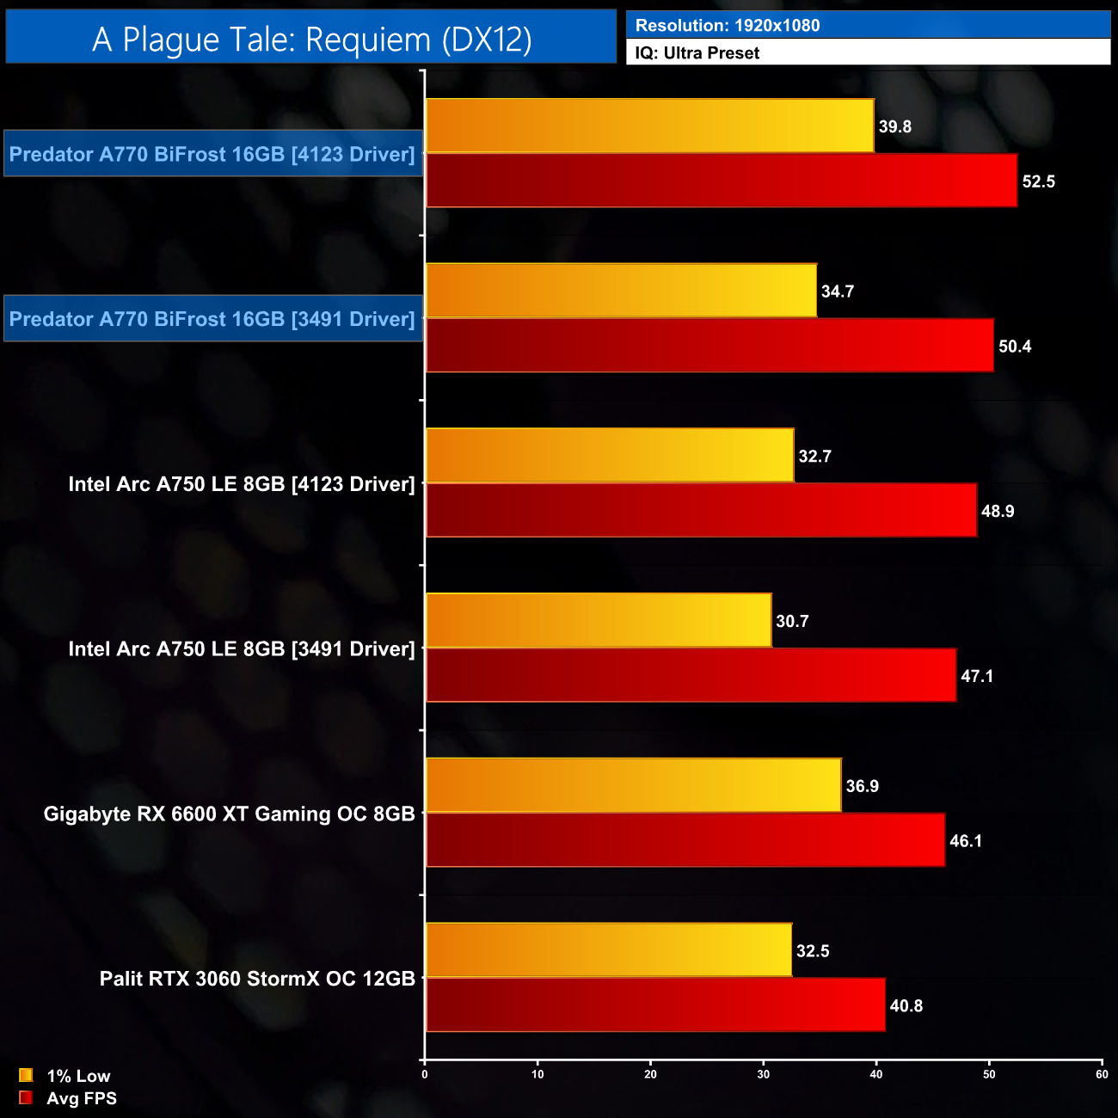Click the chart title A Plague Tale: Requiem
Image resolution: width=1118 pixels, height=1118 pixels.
[x=311, y=40]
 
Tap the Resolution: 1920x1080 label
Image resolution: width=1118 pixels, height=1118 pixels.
[x=727, y=26]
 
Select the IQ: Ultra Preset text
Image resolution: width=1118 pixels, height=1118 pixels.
[x=697, y=53]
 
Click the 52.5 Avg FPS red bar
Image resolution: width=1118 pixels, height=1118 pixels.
[x=721, y=181]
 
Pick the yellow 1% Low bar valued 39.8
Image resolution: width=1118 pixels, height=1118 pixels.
[x=649, y=126]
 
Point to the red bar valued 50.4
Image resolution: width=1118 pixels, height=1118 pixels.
[x=709, y=346]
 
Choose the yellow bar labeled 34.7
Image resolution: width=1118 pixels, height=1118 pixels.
[x=621, y=291]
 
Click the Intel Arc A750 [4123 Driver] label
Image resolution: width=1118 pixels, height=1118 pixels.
[x=242, y=484]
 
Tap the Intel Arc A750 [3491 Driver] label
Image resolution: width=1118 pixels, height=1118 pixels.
[x=242, y=649]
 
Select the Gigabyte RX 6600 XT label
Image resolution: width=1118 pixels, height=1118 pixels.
[x=230, y=814]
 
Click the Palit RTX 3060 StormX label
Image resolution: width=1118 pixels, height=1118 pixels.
[x=257, y=979]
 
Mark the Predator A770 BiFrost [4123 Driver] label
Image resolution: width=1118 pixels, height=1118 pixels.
[x=212, y=154]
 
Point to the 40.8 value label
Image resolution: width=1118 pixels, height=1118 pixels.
[x=906, y=1006]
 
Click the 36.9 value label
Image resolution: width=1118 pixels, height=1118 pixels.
[x=862, y=786]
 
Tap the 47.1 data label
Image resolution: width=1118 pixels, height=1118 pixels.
[x=976, y=676]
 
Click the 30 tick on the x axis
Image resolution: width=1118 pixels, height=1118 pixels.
[x=764, y=1074]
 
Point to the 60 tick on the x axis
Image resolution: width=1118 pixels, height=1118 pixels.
[x=1102, y=1074]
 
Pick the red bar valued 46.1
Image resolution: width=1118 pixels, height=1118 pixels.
[x=685, y=840]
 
